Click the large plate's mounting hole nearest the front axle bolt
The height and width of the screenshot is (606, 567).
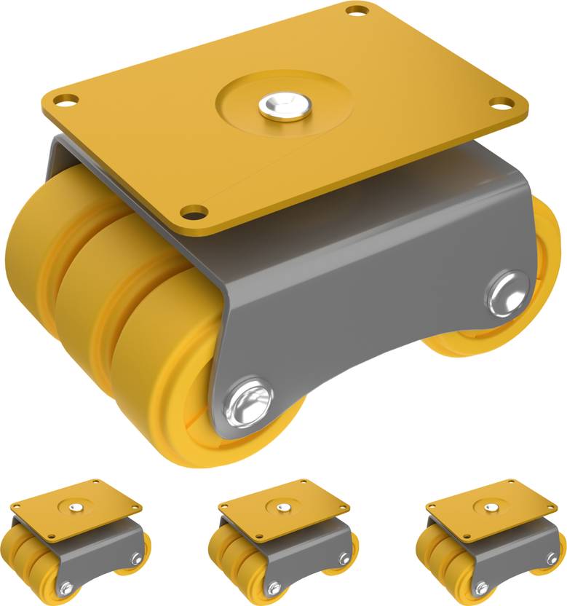click(x=193, y=213)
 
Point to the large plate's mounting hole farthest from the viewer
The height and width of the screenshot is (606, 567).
click(x=357, y=11)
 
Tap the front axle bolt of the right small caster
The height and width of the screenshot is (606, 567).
click(x=481, y=587)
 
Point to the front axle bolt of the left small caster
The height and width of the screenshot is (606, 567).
click(x=66, y=587)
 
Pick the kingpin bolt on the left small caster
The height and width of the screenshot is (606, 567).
click(x=75, y=503)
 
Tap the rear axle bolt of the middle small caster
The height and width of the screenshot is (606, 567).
click(x=344, y=559)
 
